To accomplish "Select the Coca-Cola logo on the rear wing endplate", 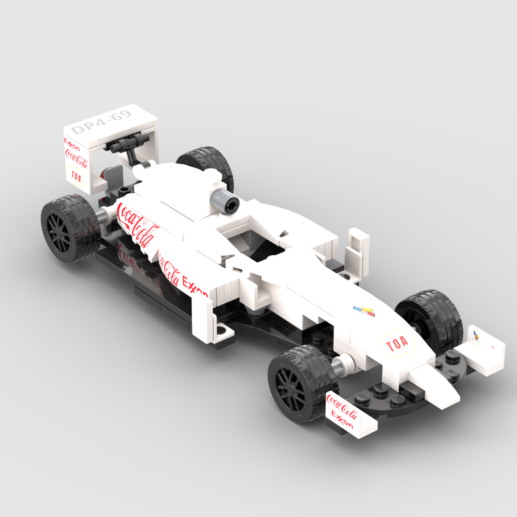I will [x=76, y=158].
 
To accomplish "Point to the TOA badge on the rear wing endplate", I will [x=77, y=174].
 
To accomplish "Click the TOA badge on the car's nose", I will [x=397, y=345].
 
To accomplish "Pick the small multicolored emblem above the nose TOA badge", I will [x=364, y=312].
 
